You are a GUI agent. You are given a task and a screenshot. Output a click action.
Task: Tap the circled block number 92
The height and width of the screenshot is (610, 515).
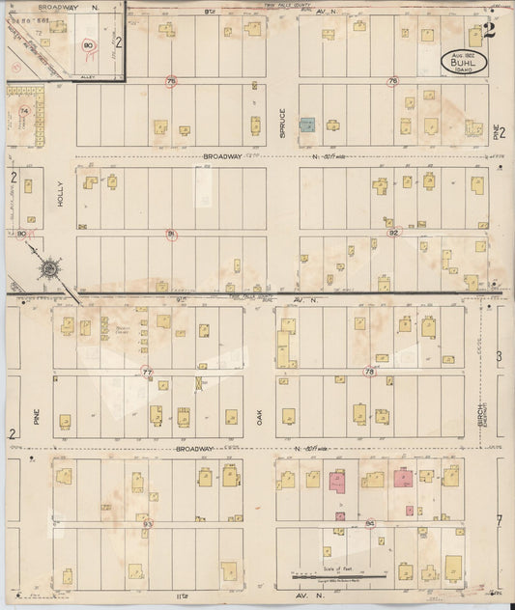tap(393, 233)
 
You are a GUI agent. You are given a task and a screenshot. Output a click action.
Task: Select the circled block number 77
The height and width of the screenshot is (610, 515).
tap(147, 372)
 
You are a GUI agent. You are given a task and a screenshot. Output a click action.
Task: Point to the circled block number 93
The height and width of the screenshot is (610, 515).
tap(147, 523)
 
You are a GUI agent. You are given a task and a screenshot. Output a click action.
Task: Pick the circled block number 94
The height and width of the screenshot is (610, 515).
tap(371, 523)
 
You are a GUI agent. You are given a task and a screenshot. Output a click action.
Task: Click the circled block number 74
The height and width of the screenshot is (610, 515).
tap(24, 111)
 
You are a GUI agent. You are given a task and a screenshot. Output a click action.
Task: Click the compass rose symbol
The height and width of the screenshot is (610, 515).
tap(49, 267)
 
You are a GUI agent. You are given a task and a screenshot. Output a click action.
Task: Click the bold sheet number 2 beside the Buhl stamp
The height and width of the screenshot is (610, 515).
tap(490, 28)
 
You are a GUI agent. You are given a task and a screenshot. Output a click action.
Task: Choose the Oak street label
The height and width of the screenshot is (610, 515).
tap(260, 417)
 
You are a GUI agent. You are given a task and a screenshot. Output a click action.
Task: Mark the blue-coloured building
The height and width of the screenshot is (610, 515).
tap(307, 125)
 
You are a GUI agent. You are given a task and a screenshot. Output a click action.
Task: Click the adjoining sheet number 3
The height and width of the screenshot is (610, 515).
tap(500, 357)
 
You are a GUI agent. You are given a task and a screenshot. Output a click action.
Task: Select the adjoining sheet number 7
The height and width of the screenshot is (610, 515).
tap(500, 521)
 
